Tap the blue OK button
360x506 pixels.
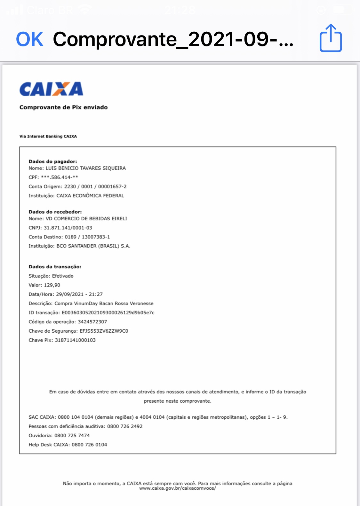29,39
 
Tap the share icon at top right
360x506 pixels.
331,38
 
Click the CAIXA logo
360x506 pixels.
51,89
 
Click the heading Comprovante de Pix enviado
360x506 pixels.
63,107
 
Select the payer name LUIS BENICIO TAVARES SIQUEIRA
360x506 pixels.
85,168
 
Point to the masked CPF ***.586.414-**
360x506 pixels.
60,177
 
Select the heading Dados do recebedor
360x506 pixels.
55,212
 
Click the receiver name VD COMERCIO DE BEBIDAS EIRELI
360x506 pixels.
86,219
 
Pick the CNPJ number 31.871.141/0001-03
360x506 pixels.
68,228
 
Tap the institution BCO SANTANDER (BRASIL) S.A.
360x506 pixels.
93,246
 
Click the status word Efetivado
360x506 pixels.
63,276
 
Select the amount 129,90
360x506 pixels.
52,285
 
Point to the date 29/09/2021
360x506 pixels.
69,294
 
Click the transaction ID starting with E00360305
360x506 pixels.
108,312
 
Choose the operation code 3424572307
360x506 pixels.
92,322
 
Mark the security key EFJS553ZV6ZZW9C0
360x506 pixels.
104,331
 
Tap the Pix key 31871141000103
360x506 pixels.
75,340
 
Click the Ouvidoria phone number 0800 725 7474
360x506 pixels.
72,436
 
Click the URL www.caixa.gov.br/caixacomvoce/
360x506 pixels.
177,488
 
